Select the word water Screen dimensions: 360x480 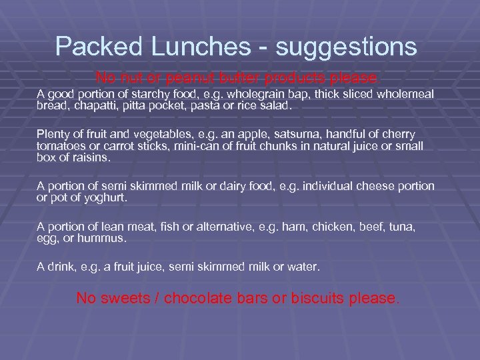[304, 267]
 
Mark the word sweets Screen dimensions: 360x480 [121, 298]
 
